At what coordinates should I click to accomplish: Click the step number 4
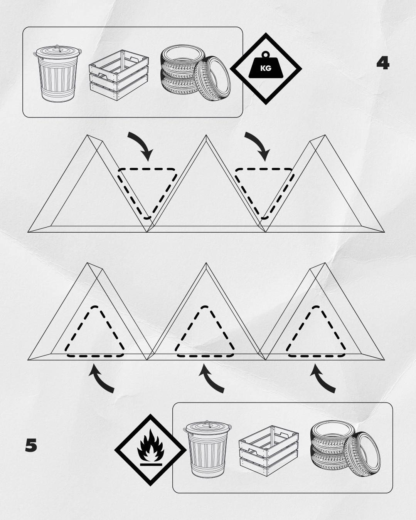pyautogui.click(x=383, y=64)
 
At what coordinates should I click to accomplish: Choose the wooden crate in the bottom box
pyautogui.click(x=268, y=451)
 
